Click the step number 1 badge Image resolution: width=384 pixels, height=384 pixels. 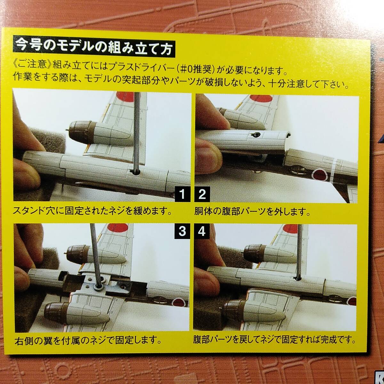coord(182,194)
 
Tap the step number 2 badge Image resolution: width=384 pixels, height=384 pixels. coord(202,194)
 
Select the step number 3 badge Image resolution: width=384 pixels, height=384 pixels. coord(182,232)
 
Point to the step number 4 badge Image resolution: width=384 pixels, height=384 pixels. coord(202,232)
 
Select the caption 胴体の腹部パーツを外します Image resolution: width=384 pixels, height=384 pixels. coord(252,212)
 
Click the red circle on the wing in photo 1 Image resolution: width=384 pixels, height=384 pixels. coord(125,97)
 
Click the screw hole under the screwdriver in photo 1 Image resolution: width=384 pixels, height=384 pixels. coord(134,172)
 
